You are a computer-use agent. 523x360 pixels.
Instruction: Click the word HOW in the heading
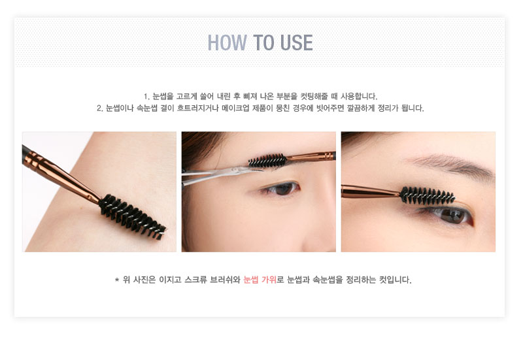[227, 42]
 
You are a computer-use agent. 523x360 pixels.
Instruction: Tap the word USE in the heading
[297, 42]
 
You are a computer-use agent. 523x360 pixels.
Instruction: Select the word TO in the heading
[264, 42]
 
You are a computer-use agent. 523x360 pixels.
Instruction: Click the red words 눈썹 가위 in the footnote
[260, 280]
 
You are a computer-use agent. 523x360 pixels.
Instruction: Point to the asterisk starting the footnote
[117, 280]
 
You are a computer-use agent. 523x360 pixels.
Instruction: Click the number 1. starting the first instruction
[146, 97]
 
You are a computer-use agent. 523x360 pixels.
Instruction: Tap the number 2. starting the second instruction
[100, 108]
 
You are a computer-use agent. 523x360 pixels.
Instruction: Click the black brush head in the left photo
[133, 217]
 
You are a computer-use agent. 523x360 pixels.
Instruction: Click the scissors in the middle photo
[220, 174]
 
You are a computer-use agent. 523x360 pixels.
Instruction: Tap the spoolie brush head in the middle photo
[267, 161]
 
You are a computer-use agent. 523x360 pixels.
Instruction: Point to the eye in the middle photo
[280, 189]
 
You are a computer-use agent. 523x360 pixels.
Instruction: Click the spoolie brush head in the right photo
[428, 195]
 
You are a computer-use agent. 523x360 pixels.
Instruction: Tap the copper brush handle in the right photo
[370, 191]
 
